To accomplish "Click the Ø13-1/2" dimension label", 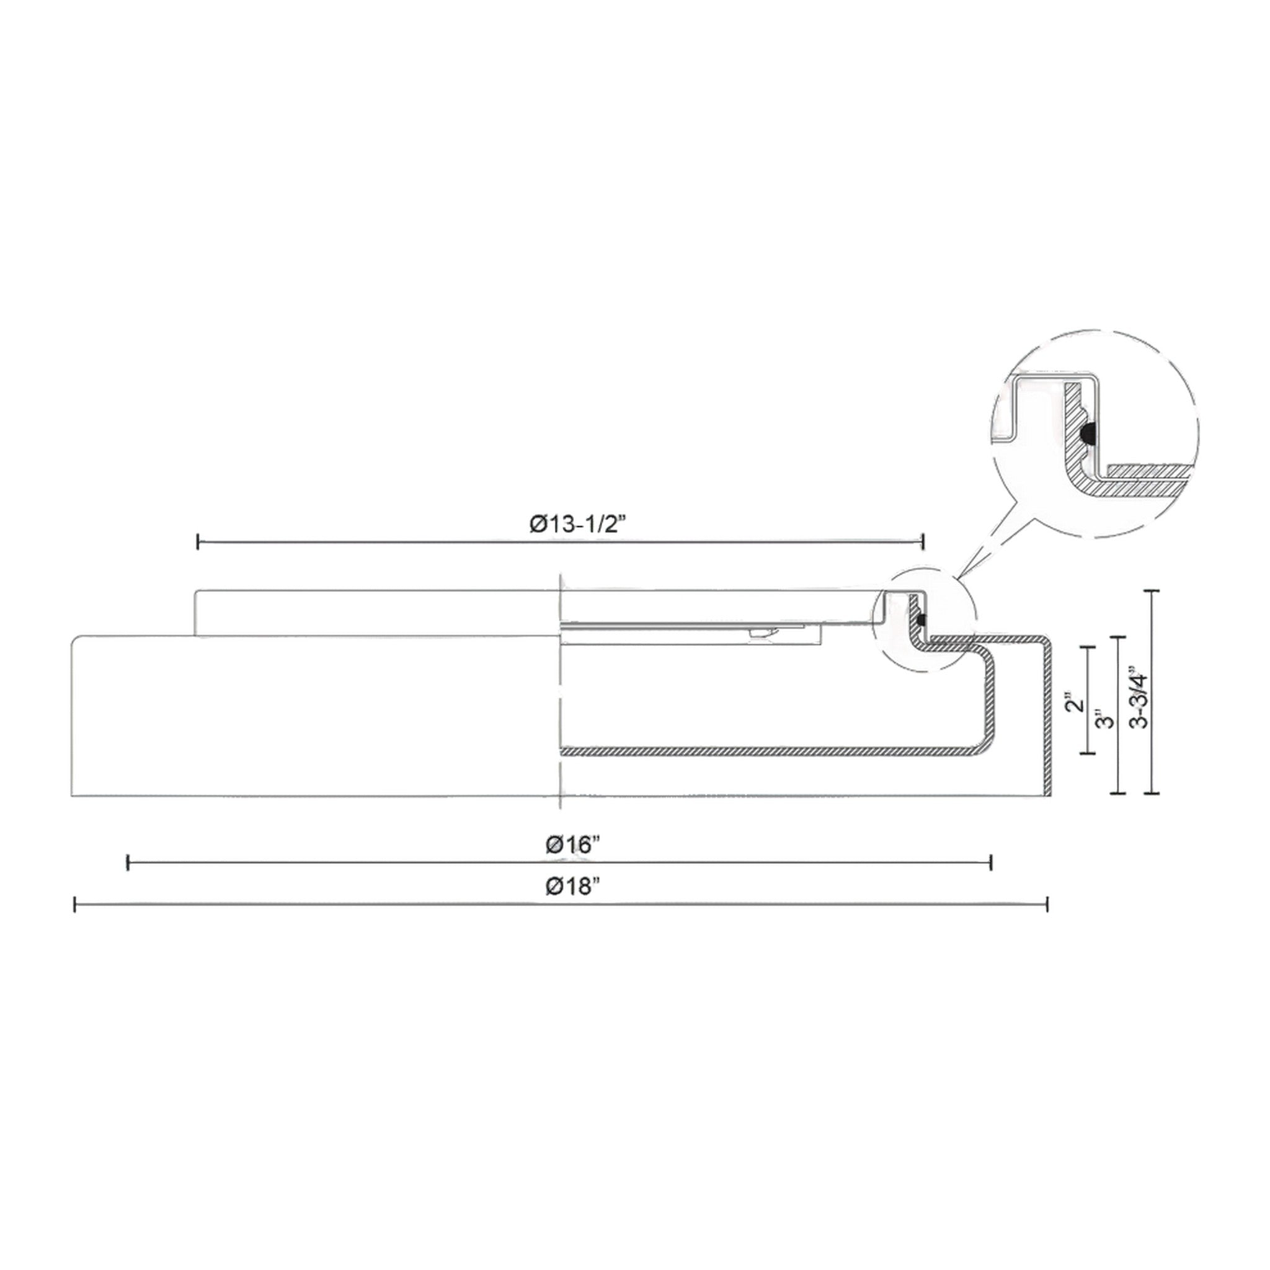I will [x=577, y=525].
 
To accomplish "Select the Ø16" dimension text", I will [x=573, y=845].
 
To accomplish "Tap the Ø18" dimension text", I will [x=573, y=887].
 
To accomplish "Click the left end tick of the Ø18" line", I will [x=75, y=905].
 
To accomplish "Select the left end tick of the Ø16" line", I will [x=128, y=863].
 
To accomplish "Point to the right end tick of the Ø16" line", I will [x=990, y=863].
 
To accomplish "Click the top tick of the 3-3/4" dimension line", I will [x=1152, y=592].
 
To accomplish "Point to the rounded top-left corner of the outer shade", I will [x=77, y=640].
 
